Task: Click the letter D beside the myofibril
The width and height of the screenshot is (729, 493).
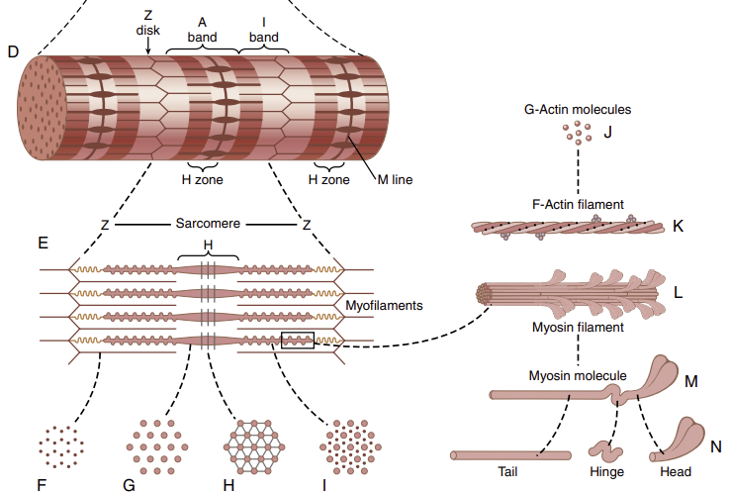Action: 13,50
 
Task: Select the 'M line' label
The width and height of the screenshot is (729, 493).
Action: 394,180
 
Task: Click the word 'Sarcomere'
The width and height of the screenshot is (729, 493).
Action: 208,224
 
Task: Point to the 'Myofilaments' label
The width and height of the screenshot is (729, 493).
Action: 385,306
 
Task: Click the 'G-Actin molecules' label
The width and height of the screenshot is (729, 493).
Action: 577,110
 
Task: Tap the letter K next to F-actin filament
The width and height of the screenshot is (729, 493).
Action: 678,226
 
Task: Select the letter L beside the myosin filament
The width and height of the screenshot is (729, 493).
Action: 679,293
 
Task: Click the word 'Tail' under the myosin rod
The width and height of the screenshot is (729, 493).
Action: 506,471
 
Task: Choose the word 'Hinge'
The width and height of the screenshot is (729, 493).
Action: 606,471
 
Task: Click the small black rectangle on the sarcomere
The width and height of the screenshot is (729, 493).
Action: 297,340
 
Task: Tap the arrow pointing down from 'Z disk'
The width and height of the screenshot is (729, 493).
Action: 148,45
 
